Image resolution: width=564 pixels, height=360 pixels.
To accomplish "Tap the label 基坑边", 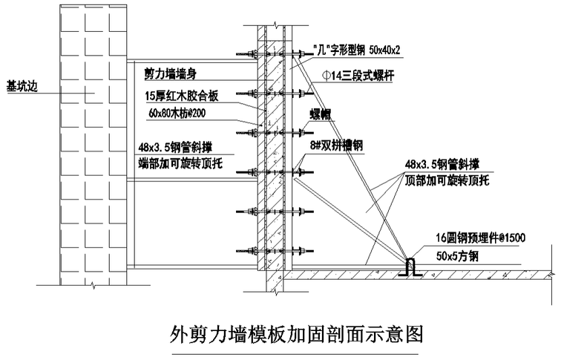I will click(20, 85).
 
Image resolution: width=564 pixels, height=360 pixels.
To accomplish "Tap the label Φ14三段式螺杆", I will click(361, 76).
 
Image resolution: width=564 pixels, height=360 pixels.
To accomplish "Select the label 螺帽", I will click(320, 113).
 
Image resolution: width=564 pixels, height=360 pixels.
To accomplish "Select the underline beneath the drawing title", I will click(296, 354).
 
